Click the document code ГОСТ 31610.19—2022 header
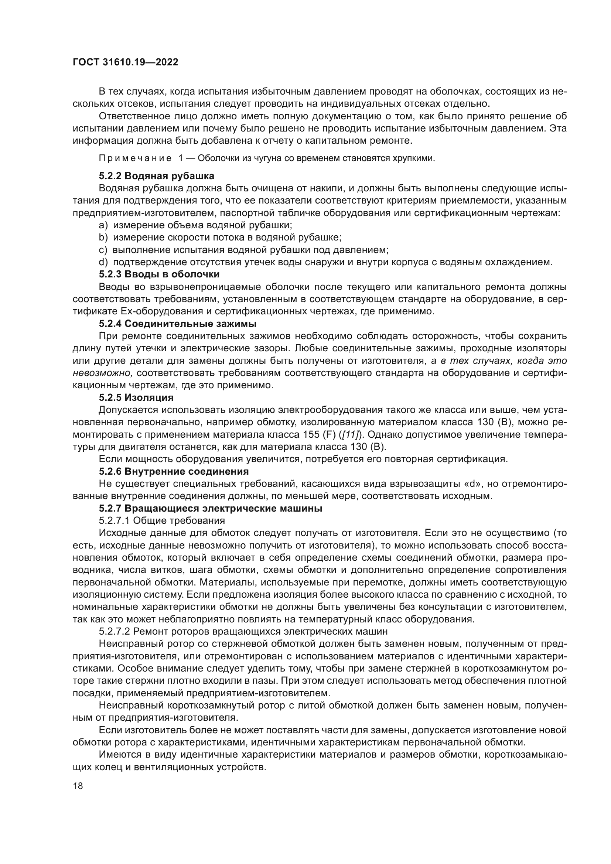125,62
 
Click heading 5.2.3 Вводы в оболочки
159,274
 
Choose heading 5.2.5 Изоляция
136,397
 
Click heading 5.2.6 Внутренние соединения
174,471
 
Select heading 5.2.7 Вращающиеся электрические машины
211,508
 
